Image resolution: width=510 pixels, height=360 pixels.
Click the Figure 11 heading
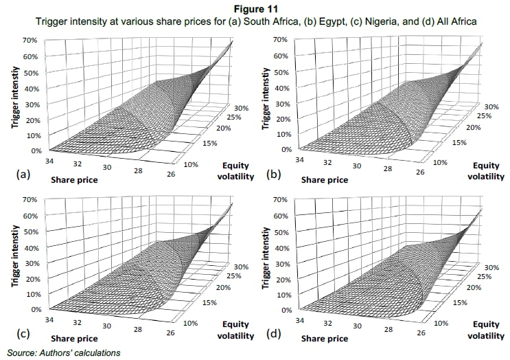point(254,8)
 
